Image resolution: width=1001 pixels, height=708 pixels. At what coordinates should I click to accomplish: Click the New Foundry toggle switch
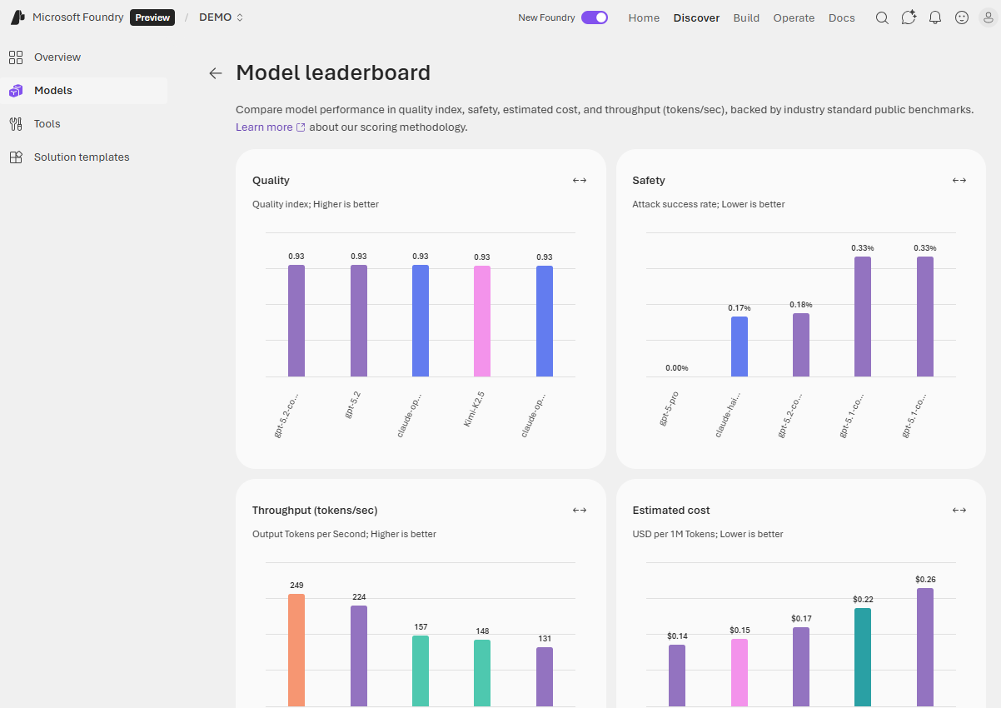[x=595, y=17]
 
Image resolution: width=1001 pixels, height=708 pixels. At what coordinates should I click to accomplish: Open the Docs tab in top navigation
[x=841, y=17]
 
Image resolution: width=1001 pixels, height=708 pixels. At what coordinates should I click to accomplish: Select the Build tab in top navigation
[x=746, y=17]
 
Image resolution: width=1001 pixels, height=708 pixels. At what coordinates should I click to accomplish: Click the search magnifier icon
[x=882, y=17]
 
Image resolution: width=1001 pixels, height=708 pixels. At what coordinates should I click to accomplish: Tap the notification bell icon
[x=935, y=17]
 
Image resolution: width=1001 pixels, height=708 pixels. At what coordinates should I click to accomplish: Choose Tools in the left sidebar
[x=47, y=124]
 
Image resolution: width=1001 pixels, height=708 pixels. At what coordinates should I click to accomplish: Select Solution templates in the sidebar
[x=82, y=157]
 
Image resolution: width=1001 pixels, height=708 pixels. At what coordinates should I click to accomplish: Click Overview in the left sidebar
[x=57, y=57]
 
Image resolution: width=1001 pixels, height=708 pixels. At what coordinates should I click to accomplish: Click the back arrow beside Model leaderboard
[x=216, y=73]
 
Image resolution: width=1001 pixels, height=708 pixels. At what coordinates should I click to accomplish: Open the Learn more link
[x=264, y=127]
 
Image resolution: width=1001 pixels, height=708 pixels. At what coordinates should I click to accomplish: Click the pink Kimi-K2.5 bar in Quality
[x=482, y=321]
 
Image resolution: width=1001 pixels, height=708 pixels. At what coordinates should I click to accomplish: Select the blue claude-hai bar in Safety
[x=740, y=347]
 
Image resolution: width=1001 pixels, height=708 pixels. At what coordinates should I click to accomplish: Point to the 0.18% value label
[x=801, y=305]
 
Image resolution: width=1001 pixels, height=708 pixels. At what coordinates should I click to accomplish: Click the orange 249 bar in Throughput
[x=296, y=650]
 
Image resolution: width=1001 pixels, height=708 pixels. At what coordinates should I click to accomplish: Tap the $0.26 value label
[x=925, y=580]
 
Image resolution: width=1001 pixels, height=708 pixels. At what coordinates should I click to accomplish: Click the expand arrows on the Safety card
[x=959, y=181]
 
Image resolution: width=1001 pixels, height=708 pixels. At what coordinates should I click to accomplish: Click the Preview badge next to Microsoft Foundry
[x=152, y=17]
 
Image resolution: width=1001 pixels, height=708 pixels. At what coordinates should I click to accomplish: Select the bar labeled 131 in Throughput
[x=545, y=676]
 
